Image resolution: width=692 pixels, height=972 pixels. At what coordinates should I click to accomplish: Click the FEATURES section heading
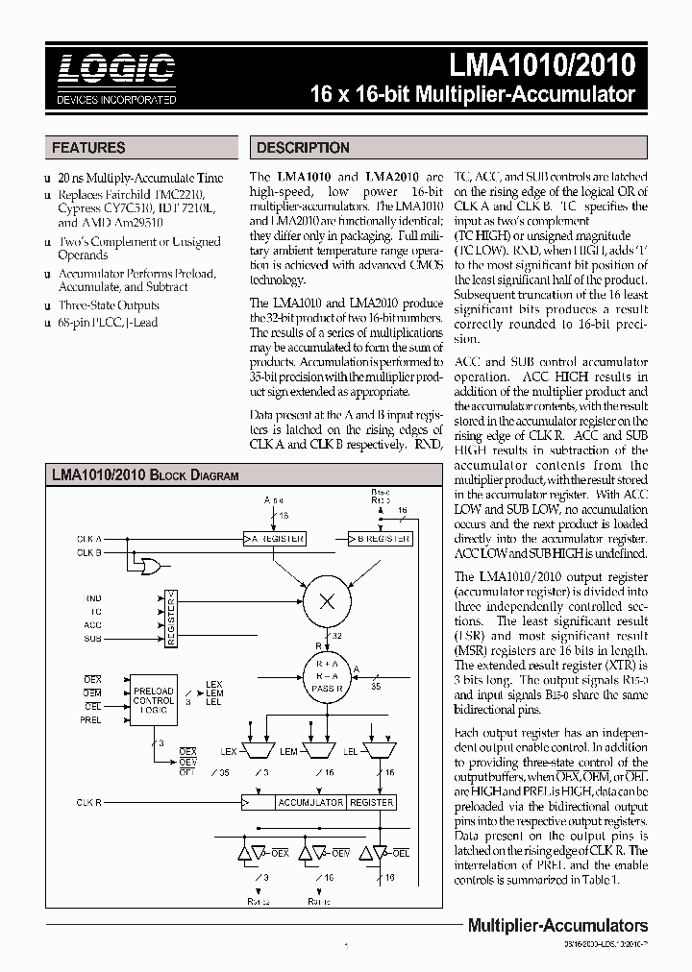88,148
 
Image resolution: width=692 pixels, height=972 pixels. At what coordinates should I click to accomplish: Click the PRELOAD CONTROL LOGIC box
154,701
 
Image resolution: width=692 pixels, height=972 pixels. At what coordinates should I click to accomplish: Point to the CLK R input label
90,801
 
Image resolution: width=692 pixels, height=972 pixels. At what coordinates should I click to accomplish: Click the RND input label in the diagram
93,597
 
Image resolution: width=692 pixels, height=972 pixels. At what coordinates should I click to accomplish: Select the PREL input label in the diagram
91,719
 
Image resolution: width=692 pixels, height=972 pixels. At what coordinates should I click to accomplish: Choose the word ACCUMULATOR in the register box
310,802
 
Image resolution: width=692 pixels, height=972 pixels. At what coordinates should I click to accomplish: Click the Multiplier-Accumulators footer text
556,926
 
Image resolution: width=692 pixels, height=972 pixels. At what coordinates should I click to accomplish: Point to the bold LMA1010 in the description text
304,178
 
